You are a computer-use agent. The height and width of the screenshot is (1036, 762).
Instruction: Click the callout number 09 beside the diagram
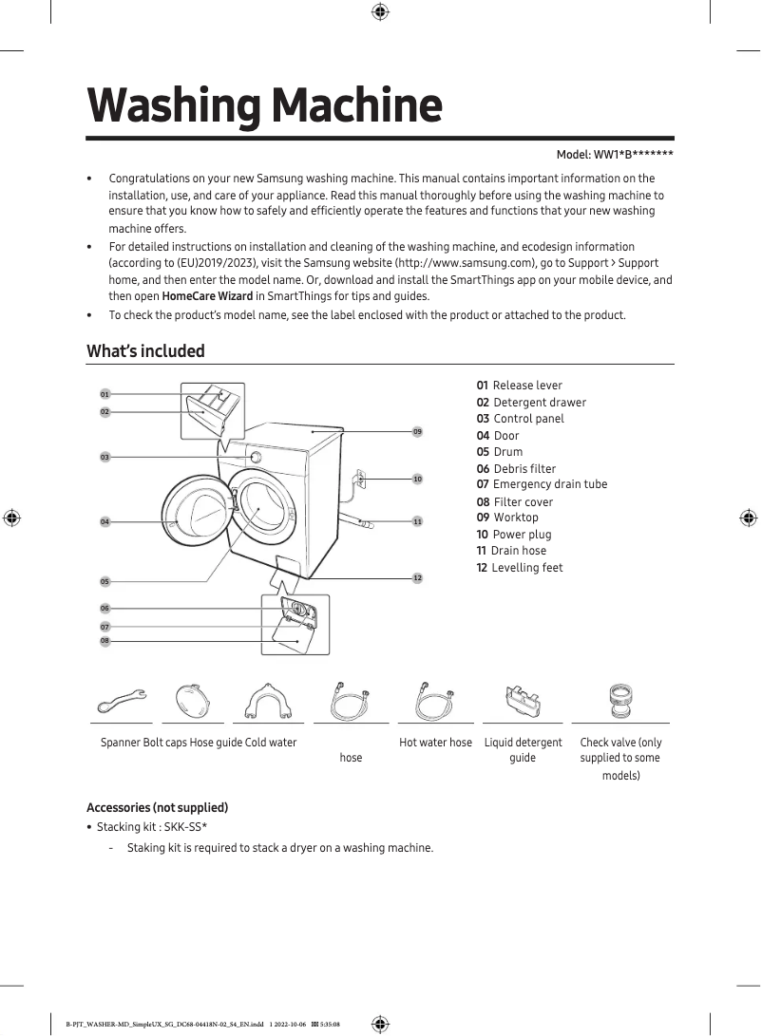(417, 432)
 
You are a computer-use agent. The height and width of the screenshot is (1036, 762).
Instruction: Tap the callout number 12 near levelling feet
(417, 578)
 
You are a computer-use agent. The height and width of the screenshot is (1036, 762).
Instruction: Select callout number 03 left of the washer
(105, 458)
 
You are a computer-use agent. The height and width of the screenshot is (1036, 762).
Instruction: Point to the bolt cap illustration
(200, 704)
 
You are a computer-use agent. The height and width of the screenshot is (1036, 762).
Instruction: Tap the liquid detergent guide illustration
(523, 703)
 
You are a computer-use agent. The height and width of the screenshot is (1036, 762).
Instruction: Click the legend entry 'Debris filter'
(524, 468)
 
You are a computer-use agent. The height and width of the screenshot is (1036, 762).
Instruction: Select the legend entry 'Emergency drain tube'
(549, 484)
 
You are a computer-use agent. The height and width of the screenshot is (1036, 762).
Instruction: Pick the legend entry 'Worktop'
(515, 518)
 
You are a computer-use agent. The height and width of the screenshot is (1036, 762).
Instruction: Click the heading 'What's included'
(145, 351)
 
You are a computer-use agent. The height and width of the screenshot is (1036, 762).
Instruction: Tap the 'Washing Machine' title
(264, 105)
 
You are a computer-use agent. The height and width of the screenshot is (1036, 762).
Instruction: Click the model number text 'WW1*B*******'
(634, 155)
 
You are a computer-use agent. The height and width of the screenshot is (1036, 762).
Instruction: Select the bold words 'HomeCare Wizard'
(207, 296)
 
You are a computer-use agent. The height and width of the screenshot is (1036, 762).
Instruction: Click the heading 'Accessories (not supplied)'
(157, 807)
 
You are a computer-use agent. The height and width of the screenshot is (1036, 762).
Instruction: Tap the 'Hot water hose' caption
(435, 743)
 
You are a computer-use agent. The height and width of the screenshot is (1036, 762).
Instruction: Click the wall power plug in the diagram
(360, 478)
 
